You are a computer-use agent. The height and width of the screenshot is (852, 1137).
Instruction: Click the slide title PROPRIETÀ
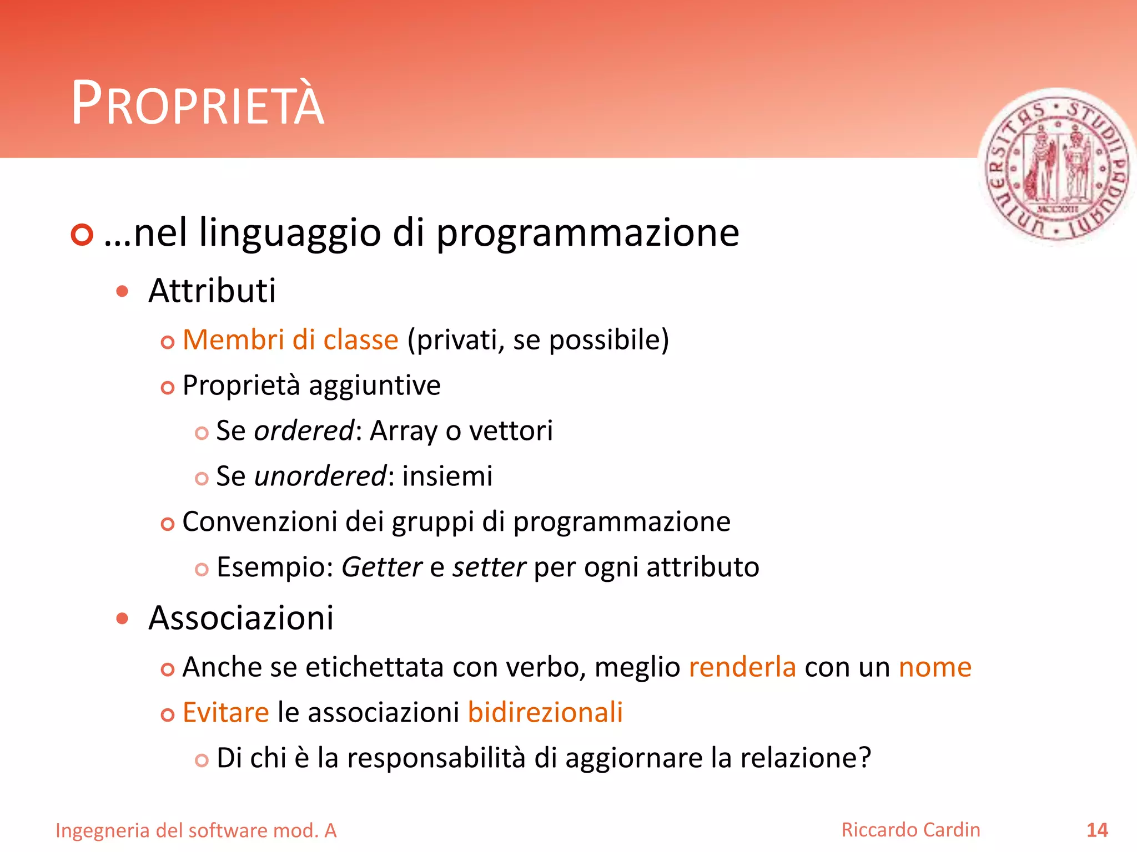[x=197, y=104]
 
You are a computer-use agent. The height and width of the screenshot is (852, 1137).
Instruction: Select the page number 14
[x=1096, y=830]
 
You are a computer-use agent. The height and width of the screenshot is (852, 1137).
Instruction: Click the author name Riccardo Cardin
[x=910, y=829]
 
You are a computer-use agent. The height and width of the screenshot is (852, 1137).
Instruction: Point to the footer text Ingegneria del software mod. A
[x=196, y=830]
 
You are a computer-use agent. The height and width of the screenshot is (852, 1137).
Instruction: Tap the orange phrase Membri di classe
[x=290, y=339]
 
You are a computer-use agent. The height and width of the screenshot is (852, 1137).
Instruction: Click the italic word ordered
[x=304, y=430]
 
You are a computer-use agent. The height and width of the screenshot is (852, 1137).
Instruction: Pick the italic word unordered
[x=320, y=476]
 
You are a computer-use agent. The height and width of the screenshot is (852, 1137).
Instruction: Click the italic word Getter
[x=381, y=567]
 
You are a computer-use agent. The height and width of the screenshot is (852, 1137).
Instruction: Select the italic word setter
[x=489, y=567]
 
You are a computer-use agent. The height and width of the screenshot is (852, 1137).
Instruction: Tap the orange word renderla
[x=742, y=667]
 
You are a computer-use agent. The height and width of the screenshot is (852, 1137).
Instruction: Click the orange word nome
[x=935, y=667]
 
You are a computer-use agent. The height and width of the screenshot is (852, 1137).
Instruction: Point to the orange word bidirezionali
[x=545, y=712]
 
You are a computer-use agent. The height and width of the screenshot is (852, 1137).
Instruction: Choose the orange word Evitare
[x=226, y=712]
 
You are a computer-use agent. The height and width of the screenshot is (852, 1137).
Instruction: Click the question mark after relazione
[x=864, y=758]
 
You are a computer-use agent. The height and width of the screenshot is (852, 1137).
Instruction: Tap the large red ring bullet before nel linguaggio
[x=82, y=235]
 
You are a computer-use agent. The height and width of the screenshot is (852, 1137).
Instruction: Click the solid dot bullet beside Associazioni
[x=123, y=618]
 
